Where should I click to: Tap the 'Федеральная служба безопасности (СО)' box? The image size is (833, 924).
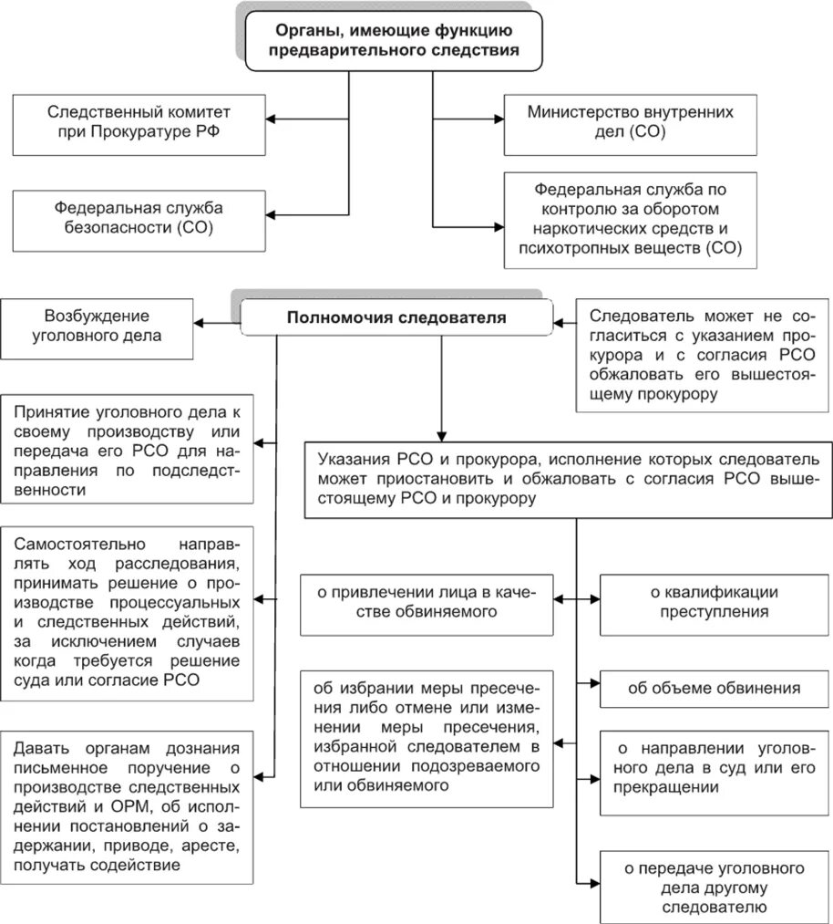(x=138, y=218)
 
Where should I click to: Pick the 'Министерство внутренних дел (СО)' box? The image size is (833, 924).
(x=630, y=122)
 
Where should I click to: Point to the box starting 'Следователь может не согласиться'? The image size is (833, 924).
(x=702, y=356)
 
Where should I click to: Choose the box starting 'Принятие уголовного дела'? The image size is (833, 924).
(x=128, y=448)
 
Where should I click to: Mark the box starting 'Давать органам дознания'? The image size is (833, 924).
(x=128, y=805)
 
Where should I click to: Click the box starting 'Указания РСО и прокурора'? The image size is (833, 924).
(x=569, y=478)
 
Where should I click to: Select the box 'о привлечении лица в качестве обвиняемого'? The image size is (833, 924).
(x=427, y=603)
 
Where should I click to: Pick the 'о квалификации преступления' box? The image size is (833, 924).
(x=702, y=603)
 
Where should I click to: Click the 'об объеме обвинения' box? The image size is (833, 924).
(x=702, y=689)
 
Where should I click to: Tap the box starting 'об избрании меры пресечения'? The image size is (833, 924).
(x=427, y=738)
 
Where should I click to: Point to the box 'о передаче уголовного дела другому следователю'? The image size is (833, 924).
(x=702, y=885)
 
